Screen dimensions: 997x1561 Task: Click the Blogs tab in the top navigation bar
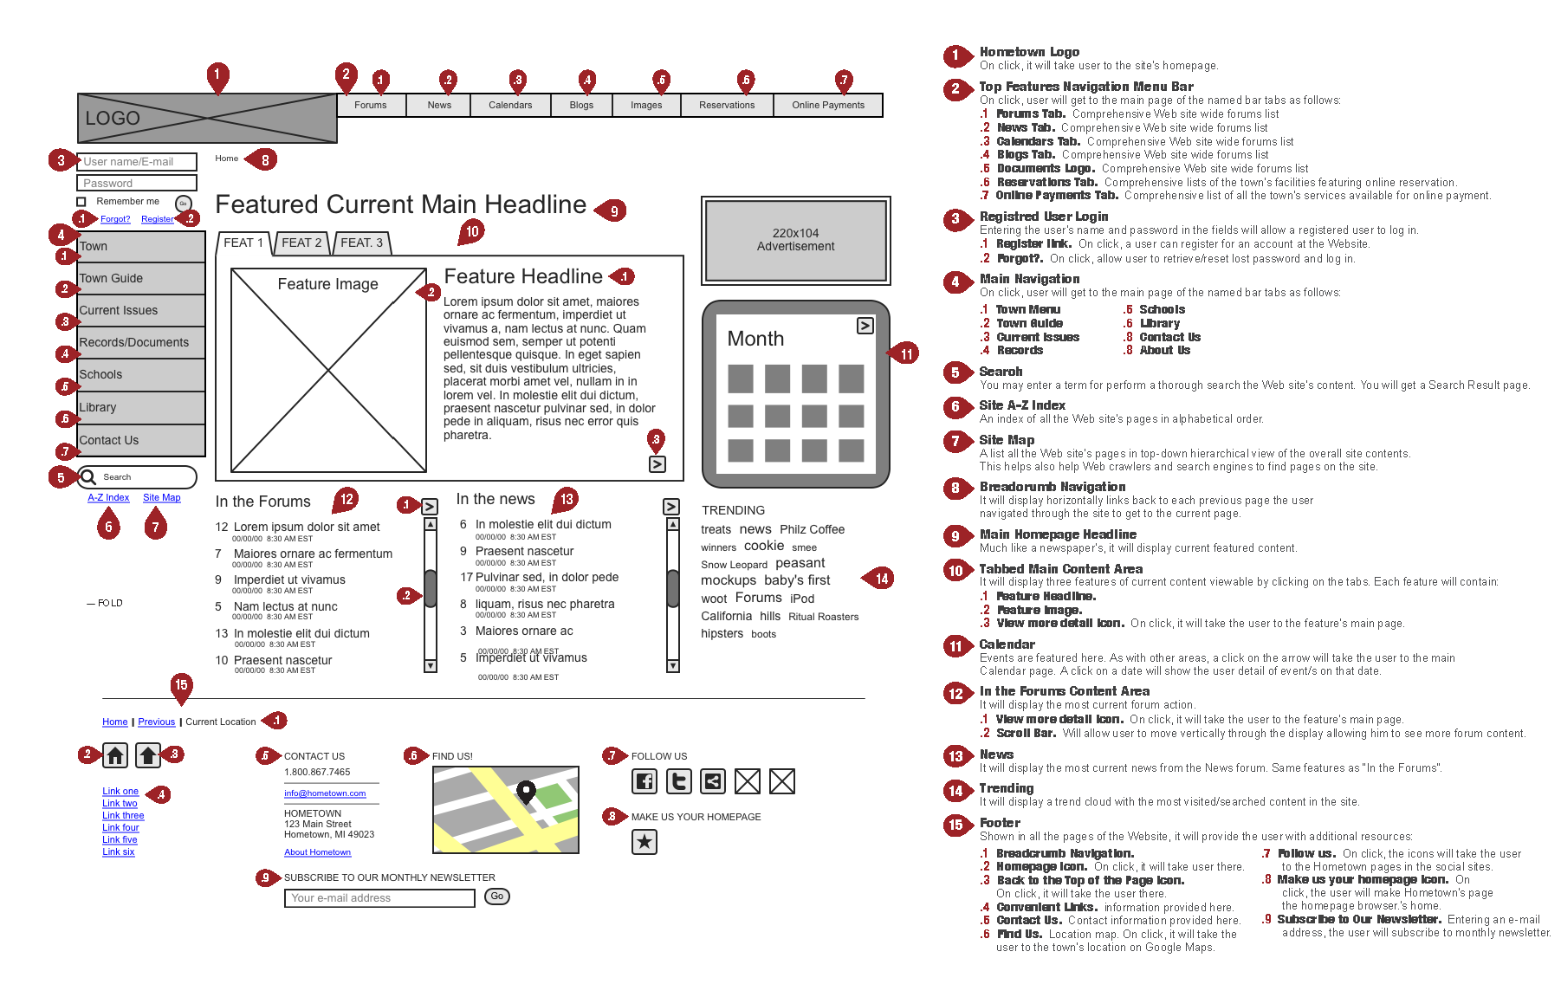pos(581,105)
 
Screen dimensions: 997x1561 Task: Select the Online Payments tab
pos(827,105)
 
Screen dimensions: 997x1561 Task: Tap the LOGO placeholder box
pos(207,118)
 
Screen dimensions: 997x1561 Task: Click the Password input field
pos(137,183)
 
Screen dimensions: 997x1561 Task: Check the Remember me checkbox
pos(81,202)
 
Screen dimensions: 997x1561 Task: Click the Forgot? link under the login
pos(115,219)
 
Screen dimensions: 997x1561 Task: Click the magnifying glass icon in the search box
pos(88,476)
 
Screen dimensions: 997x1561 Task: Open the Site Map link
pos(162,497)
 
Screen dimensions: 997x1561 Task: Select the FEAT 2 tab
pos(301,243)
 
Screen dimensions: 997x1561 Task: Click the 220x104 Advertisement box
pos(795,240)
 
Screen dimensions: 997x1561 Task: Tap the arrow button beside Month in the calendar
pos(865,326)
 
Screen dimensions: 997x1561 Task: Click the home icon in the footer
pos(115,755)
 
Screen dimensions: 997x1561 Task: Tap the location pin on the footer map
pos(526,790)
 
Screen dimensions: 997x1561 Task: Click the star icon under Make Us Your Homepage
pos(644,841)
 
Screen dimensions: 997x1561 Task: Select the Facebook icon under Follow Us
pos(644,781)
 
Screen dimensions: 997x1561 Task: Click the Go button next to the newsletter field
pos(496,897)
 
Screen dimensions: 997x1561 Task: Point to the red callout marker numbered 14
pos(881,579)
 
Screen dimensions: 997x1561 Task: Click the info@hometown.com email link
pos(325,793)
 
